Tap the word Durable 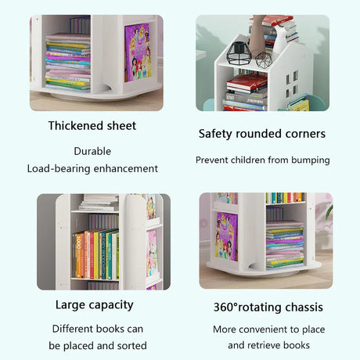(92, 151)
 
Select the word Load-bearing (59, 169)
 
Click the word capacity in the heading (111, 305)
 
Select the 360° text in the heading (225, 307)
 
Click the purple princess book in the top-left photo (138, 52)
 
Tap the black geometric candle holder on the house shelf (239, 53)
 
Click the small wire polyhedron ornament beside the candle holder (264, 60)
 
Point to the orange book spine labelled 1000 (78, 256)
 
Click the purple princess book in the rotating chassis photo (226, 236)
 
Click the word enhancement (126, 169)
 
